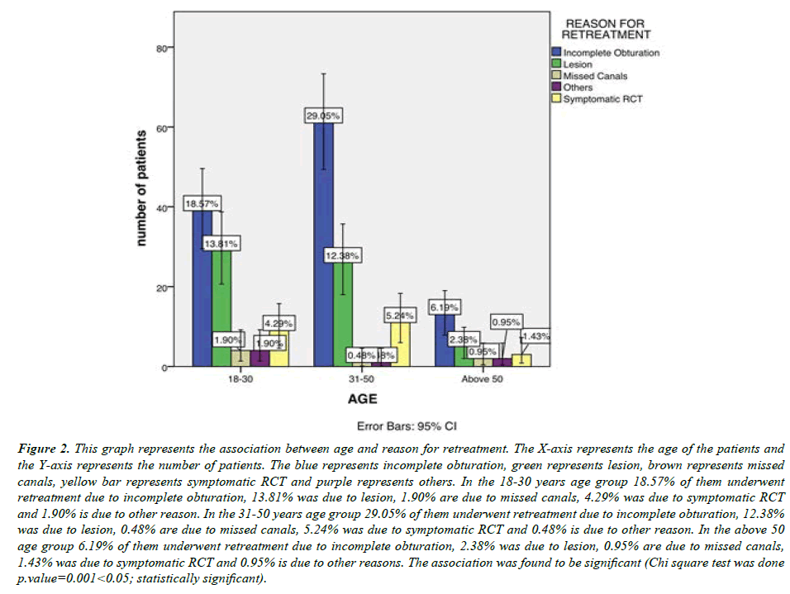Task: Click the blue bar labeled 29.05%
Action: pos(323,248)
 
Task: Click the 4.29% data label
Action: pos(279,322)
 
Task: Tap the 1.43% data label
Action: pos(535,336)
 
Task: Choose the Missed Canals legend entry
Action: pos(594,76)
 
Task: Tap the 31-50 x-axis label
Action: pos(355,381)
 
